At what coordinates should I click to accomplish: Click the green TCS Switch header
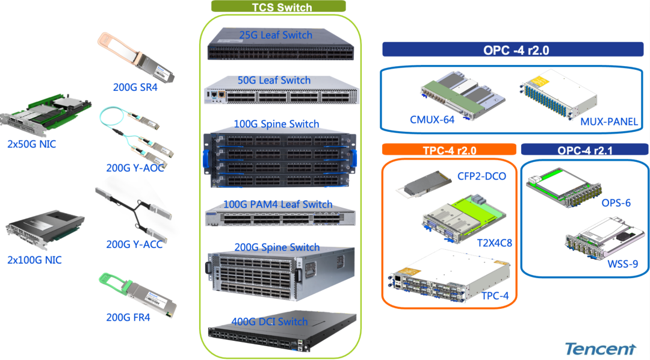point(278,7)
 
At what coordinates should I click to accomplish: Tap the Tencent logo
point(600,348)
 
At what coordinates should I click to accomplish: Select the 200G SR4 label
point(135,87)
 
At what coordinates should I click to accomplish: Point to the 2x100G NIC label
point(34,260)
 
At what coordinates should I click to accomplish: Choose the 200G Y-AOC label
point(135,167)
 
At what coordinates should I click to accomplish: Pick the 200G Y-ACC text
point(134,244)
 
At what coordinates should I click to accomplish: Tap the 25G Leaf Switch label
point(275,34)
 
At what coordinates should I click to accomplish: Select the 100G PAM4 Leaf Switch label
point(278,205)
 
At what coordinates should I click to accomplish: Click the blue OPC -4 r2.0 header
point(516,50)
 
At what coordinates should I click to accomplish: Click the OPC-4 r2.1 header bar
point(584,150)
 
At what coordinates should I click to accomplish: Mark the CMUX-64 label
point(432,119)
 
